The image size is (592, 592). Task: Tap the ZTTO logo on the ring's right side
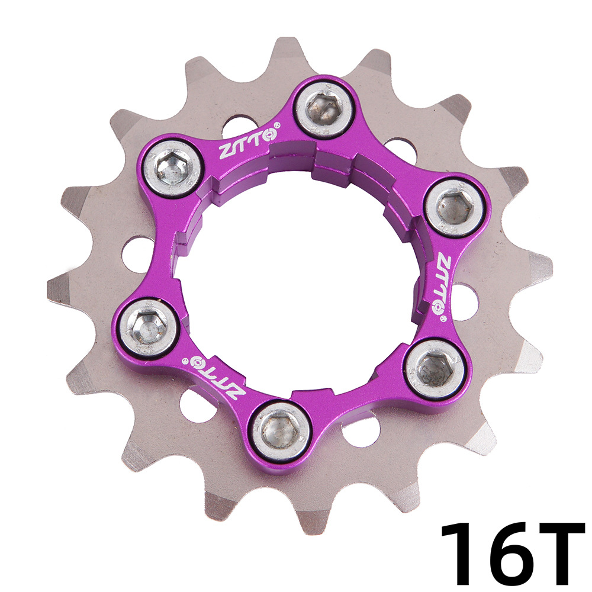[443, 281]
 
